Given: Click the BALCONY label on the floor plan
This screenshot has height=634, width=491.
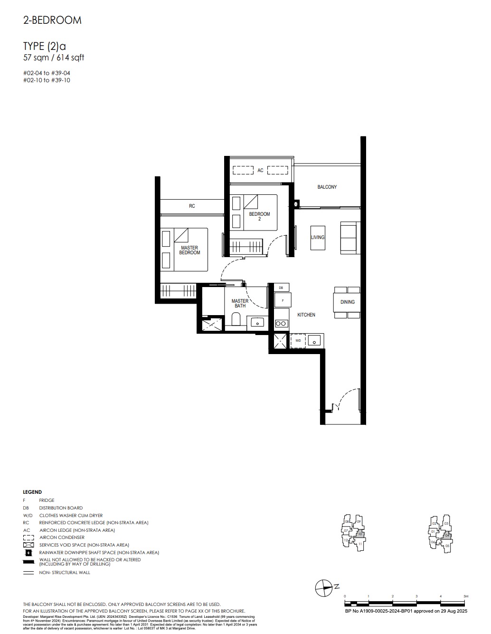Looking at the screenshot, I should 327,187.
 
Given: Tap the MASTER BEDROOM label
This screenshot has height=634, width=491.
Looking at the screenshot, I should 189,250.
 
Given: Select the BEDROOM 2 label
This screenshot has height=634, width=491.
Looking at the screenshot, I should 259,216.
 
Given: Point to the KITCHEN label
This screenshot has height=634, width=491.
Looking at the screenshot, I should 306,315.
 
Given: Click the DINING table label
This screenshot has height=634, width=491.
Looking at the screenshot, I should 347,302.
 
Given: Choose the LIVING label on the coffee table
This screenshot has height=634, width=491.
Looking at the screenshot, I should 318,237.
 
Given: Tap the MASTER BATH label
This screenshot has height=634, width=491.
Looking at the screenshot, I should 240,303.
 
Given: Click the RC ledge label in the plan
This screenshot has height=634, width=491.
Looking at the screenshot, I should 192,206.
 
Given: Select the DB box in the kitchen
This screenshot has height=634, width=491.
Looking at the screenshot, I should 281,288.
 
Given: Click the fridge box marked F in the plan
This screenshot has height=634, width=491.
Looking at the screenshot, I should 282,301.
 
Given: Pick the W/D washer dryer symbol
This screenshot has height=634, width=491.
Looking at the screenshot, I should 298,341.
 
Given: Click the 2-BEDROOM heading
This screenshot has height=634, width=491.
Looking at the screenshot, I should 52,20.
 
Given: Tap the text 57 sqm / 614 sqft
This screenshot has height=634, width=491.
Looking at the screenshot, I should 54,58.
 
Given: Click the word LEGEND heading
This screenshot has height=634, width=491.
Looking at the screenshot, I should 32,492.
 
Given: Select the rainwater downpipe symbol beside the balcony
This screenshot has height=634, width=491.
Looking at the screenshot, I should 296,204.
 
